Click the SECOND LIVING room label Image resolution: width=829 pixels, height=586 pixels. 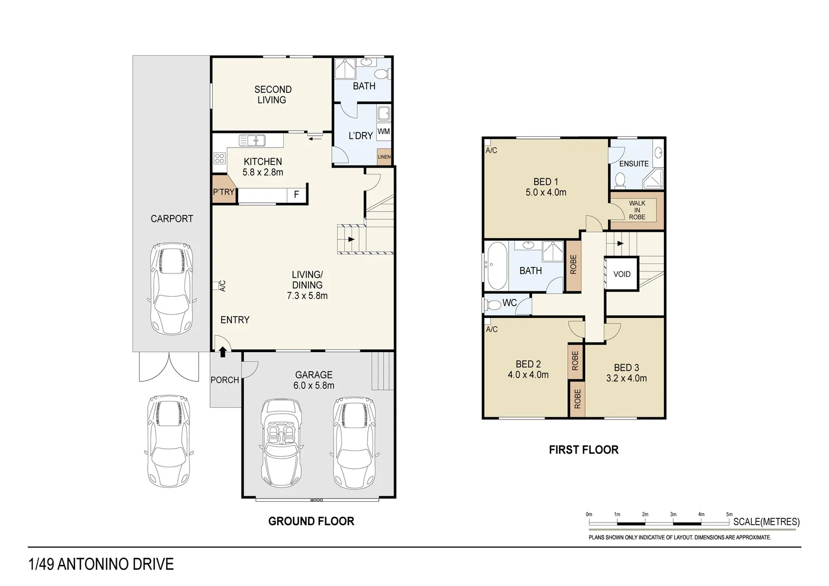click(x=273, y=94)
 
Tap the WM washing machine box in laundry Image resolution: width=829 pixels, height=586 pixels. click(x=384, y=131)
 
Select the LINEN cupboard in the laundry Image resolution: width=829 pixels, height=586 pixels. click(x=384, y=157)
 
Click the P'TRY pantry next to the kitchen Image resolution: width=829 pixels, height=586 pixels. click(x=223, y=192)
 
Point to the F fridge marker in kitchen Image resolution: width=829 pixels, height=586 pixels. click(x=296, y=194)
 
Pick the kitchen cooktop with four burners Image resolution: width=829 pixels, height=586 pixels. click(x=219, y=158)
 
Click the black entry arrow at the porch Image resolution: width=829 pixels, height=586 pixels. click(x=223, y=352)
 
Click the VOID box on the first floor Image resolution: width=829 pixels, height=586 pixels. click(x=622, y=274)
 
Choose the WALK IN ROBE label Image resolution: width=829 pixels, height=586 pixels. click(x=637, y=210)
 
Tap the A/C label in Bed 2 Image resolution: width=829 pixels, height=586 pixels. click(x=492, y=329)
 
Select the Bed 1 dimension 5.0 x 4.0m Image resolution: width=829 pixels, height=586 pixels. click(x=546, y=192)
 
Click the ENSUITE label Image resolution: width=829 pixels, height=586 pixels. click(x=634, y=163)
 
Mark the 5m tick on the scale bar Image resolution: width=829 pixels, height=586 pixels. click(x=729, y=514)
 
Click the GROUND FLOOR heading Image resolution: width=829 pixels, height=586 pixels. click(x=311, y=521)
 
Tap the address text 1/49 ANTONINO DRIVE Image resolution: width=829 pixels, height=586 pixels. click(x=101, y=564)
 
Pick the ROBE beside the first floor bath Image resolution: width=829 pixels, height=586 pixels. click(x=573, y=265)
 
